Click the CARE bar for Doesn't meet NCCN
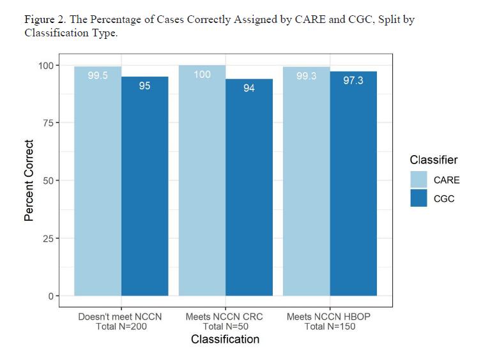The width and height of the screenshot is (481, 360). pos(98,181)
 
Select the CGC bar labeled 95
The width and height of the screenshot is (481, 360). pos(145,186)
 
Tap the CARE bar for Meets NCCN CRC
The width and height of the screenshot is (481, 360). pos(202,180)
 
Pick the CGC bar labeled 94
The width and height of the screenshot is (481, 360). pos(249,188)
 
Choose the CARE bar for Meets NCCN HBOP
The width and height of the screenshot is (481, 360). pos(307,181)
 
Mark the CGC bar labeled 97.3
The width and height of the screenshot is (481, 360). pos(353,184)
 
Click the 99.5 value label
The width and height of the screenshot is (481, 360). pos(98,75)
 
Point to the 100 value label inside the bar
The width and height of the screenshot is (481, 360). pos(202,75)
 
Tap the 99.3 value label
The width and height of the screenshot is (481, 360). pos(307,76)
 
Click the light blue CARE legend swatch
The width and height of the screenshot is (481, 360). pos(419,179)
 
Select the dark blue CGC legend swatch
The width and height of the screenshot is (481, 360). pos(419,198)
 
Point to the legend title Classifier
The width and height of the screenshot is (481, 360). pos(434,160)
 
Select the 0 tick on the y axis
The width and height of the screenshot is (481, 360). pos(51,296)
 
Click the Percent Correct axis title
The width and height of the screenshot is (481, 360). pos(29,181)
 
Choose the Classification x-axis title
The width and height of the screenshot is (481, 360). pos(225,339)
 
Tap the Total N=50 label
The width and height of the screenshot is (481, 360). pos(225,326)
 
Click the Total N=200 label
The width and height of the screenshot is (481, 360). pos(121,326)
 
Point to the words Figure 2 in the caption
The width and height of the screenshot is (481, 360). pos(45,20)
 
